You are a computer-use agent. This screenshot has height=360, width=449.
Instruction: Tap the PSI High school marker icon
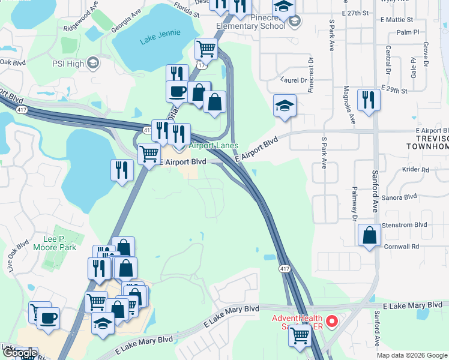pos(93,63)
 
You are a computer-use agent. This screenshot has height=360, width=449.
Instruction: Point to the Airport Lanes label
pos(214,146)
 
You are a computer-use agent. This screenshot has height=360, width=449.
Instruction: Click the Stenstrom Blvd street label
pos(405,224)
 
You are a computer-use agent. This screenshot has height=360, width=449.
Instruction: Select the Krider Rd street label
pos(416,170)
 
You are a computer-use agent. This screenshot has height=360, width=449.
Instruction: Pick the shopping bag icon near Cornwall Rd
pos(369,235)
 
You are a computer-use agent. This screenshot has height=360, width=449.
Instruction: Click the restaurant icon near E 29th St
pos(368,100)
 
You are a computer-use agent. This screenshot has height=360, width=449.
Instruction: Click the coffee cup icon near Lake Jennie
pos(177,92)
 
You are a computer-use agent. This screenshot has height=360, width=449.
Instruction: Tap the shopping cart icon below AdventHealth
pos(299,337)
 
